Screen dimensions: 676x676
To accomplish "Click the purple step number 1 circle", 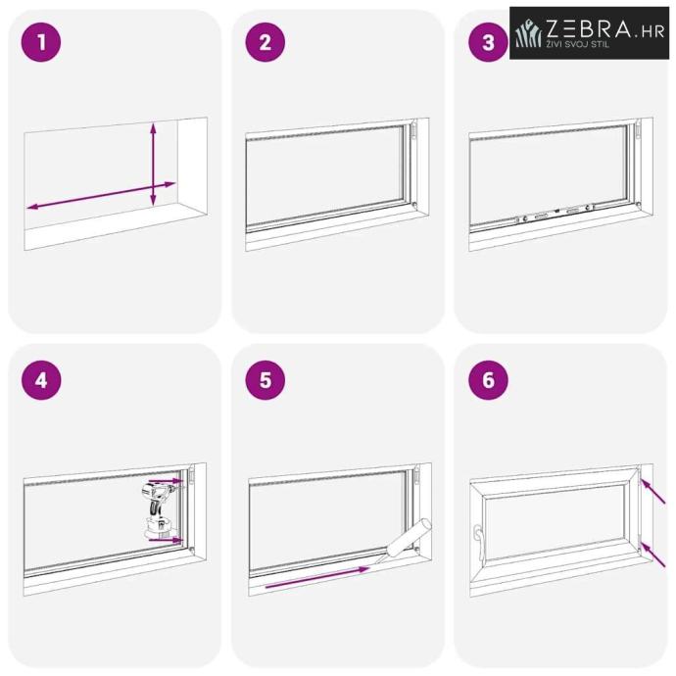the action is (x=41, y=42).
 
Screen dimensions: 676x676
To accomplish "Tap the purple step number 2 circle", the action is (x=266, y=42).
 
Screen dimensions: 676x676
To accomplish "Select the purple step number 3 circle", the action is (x=488, y=42).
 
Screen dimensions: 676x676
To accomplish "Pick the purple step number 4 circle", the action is (x=41, y=380).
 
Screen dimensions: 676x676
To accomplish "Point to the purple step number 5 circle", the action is (x=266, y=380).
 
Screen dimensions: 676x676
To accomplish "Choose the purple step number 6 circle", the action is (x=488, y=380).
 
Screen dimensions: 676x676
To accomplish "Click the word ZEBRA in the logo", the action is (x=588, y=28).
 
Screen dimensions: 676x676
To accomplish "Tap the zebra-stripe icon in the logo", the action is (x=528, y=32).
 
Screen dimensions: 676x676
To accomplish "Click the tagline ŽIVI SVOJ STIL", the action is (x=578, y=44).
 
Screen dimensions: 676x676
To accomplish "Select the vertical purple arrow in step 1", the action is (x=153, y=164).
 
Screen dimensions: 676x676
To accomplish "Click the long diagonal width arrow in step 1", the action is (x=101, y=195).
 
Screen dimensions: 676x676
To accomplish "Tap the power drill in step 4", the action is (x=158, y=509).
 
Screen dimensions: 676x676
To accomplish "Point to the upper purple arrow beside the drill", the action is (x=166, y=480).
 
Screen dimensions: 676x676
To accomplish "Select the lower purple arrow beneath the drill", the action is (x=166, y=539).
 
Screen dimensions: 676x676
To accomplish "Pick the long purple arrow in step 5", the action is (x=317, y=578).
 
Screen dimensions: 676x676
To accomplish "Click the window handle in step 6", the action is (x=477, y=542).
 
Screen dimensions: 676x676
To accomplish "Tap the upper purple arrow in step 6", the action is (x=652, y=491).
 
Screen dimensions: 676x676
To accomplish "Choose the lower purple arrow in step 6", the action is (x=652, y=555).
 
